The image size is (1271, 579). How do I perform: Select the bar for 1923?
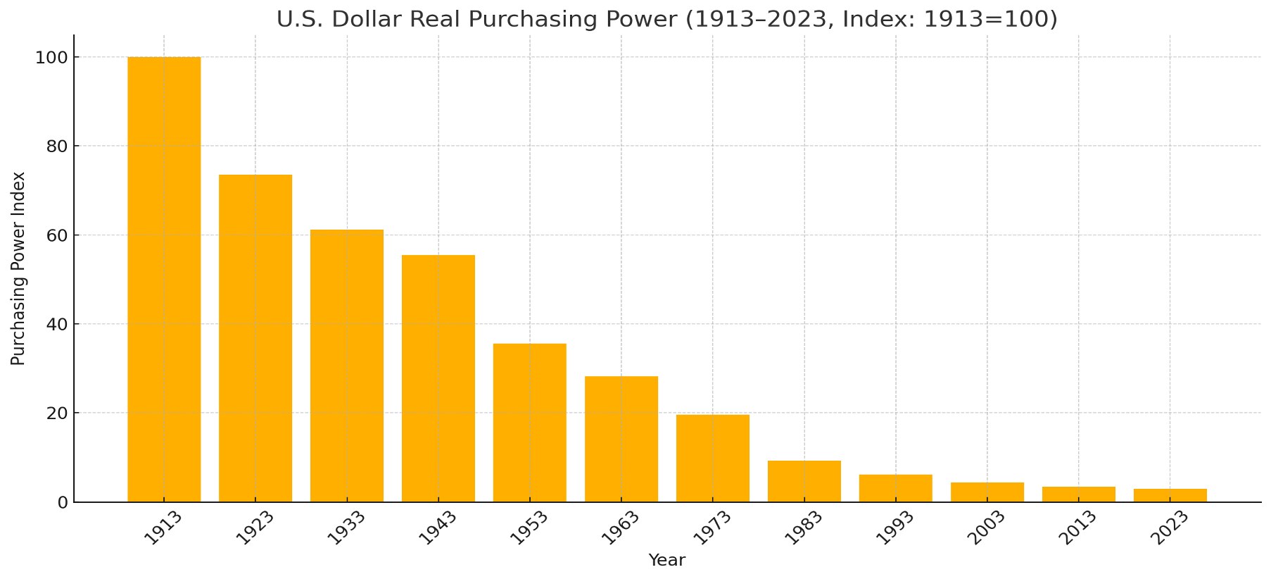(x=255, y=338)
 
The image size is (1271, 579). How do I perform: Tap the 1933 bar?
(x=347, y=366)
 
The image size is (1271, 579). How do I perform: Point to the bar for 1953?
(x=530, y=423)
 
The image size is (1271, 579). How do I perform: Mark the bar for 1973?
(x=713, y=458)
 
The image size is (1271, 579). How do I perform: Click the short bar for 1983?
(x=804, y=481)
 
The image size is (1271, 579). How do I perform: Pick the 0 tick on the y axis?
(x=62, y=502)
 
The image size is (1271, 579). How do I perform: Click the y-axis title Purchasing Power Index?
(x=18, y=268)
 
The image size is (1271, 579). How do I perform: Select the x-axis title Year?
(x=666, y=561)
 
